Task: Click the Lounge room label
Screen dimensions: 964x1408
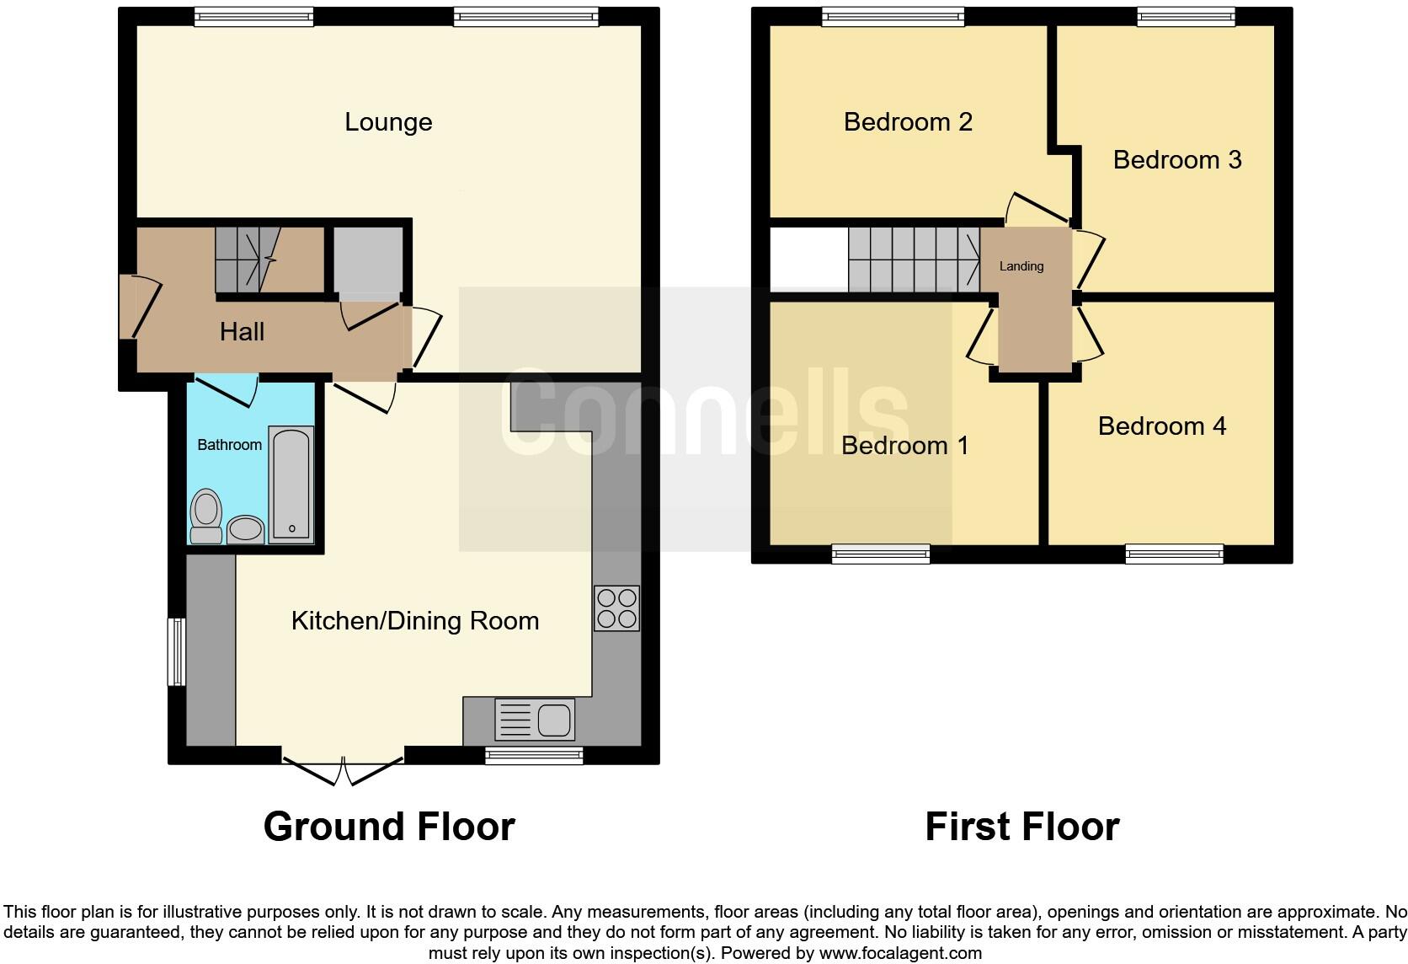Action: click(388, 122)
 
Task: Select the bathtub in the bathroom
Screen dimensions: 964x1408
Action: click(291, 484)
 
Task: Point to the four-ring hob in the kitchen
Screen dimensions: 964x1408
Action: click(616, 608)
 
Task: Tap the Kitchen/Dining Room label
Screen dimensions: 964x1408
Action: click(414, 621)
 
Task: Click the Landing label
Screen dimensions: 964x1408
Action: click(1021, 266)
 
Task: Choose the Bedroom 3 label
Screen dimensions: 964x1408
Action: click(1176, 160)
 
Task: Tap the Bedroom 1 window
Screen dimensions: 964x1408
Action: click(880, 554)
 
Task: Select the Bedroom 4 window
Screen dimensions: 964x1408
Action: click(1174, 554)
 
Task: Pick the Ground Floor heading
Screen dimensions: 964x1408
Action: click(388, 827)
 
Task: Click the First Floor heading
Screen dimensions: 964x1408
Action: click(1021, 827)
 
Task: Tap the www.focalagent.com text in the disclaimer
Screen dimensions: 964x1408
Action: click(900, 954)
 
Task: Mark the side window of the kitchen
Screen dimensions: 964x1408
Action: click(176, 651)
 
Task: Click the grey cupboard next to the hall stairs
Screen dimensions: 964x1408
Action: click(368, 260)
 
